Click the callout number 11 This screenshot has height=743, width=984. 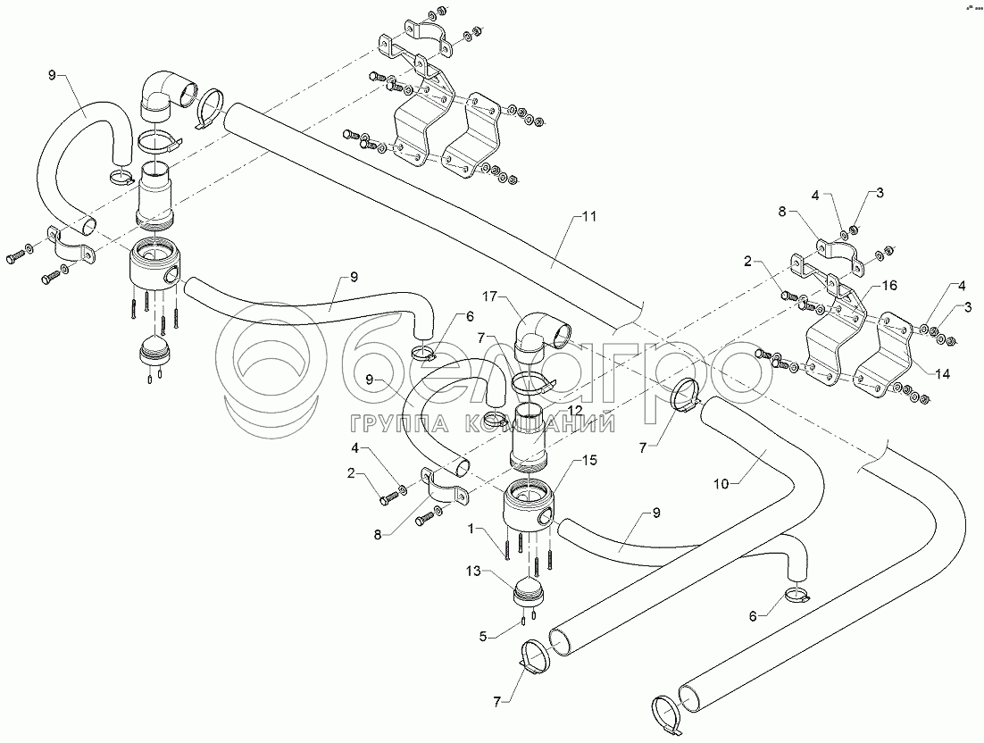[589, 216]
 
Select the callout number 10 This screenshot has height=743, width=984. [722, 483]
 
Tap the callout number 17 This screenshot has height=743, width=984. [491, 294]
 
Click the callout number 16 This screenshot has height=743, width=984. [888, 286]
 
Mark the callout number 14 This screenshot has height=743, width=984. [941, 374]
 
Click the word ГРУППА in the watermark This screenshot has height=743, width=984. [392, 425]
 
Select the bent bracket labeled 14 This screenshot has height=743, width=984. [885, 355]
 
